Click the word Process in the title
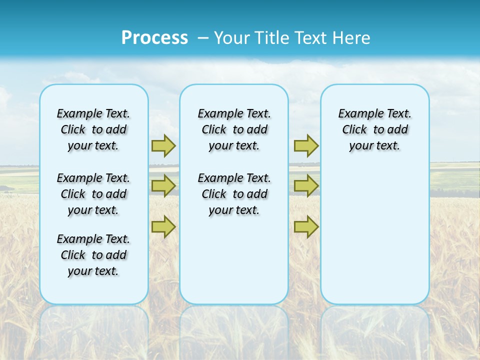(154, 38)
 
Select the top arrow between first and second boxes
(163, 145)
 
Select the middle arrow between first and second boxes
(163, 186)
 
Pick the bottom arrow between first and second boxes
(163, 227)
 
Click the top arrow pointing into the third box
(306, 145)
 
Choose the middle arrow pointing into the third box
(306, 186)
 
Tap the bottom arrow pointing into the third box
(306, 227)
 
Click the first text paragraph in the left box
(93, 129)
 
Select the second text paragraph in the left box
(93, 194)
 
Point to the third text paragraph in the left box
(93, 255)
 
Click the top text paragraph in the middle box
(234, 129)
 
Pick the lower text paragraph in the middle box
(234, 194)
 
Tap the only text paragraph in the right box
(374, 129)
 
